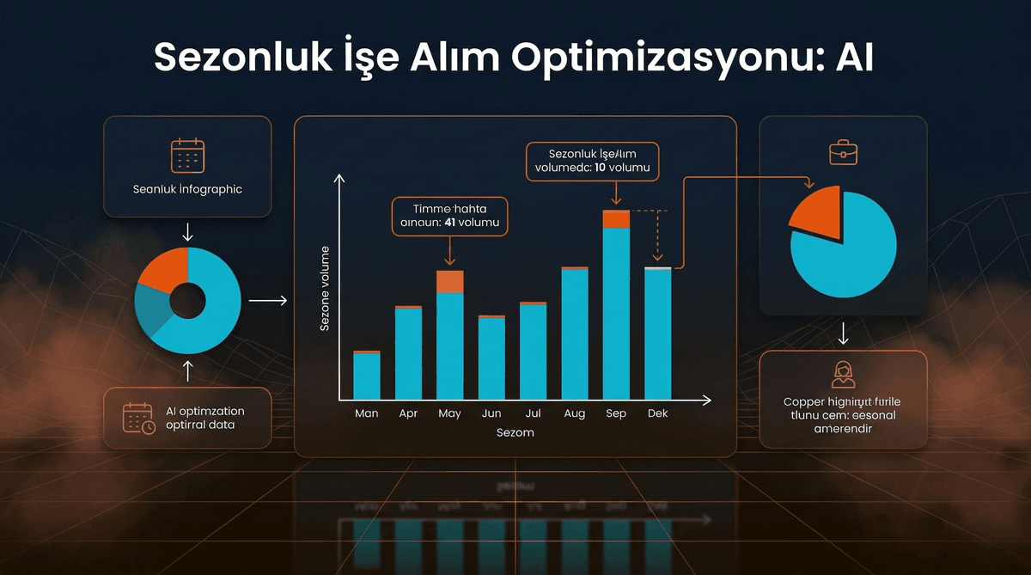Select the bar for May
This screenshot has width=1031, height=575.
click(449, 344)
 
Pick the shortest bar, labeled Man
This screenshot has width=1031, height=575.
click(367, 376)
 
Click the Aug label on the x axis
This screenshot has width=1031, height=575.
click(574, 413)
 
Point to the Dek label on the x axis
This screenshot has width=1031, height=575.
click(658, 413)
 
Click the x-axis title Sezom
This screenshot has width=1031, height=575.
click(515, 432)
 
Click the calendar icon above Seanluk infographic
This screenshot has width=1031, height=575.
click(187, 156)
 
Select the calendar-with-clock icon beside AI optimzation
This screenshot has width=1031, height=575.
click(138, 418)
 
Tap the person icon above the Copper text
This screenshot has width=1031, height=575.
click(844, 374)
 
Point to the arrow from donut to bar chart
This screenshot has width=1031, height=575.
click(267, 301)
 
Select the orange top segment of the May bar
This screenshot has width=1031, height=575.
click(449, 282)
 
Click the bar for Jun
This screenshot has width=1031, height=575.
click(491, 358)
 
